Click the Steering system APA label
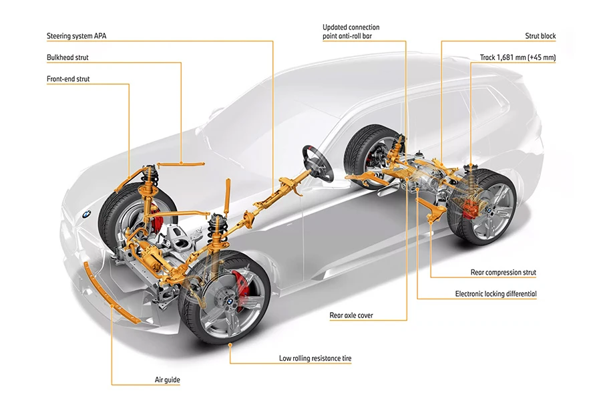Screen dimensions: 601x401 tap(77, 36)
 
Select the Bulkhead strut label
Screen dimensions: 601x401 tap(67, 57)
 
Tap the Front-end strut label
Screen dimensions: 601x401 tap(68, 79)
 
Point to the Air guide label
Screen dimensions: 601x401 tap(167, 380)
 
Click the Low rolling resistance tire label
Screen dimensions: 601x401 tap(315, 358)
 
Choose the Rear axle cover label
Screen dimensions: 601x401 tap(351, 315)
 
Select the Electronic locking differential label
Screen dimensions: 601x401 tap(495, 294)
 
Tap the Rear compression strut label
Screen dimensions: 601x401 tap(504, 273)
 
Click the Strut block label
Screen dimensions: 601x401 tap(540, 36)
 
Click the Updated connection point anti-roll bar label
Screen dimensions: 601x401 tap(351, 31)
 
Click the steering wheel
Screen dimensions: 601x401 tap(318, 165)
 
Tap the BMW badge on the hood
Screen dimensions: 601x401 tap(87, 215)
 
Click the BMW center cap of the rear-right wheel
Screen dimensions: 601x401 tap(490, 210)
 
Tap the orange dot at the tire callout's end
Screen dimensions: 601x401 tap(230, 345)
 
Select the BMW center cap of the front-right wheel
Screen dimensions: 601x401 tap(229, 302)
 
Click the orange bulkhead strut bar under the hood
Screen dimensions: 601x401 tap(180, 164)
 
